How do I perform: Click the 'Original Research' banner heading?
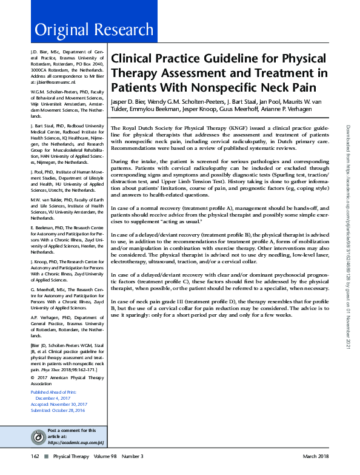[x=94, y=30]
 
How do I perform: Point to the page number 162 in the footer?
[x=36, y=456]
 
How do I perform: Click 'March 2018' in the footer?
[x=316, y=456]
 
